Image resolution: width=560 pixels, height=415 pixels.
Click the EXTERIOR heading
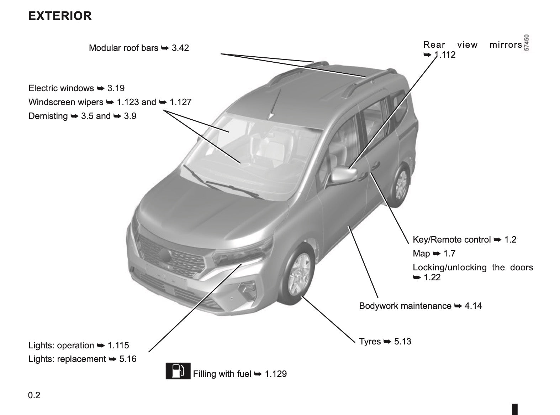[60, 16]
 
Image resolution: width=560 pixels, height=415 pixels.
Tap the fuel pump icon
[178, 371]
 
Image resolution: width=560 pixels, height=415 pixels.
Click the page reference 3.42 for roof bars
[180, 48]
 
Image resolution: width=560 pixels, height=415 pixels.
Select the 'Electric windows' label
[61, 88]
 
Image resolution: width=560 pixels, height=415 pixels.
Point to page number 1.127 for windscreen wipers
[180, 102]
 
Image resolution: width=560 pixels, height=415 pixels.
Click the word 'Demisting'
[48, 116]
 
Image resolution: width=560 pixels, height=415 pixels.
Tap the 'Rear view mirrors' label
[472, 45]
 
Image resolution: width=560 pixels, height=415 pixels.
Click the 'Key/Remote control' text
[452, 239]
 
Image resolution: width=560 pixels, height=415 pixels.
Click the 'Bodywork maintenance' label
[405, 306]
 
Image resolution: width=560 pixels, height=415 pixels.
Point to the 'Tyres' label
[370, 342]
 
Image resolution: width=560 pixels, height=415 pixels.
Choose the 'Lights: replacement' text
[67, 359]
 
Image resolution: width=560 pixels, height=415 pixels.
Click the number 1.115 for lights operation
[118, 346]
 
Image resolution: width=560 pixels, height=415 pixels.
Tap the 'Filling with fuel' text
[222, 374]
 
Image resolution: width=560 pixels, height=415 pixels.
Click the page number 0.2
[34, 395]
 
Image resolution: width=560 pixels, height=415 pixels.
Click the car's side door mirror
[344, 174]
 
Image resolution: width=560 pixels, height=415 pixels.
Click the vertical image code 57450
[526, 43]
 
